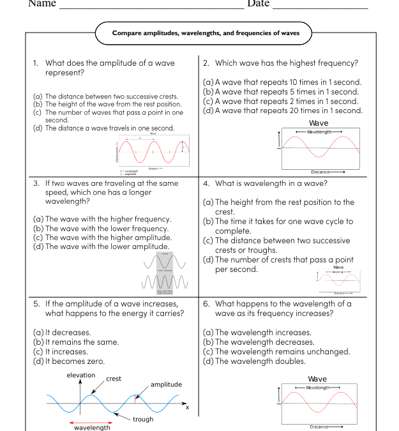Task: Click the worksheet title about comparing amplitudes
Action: (206, 33)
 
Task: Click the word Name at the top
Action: (42, 4)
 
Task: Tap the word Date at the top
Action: (259, 4)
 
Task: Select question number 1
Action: (36, 63)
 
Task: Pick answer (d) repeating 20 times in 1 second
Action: (282, 110)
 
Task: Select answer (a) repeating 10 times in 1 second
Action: (282, 82)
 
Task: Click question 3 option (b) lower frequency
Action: (101, 228)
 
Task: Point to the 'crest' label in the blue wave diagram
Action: (114, 379)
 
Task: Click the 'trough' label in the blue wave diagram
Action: (143, 419)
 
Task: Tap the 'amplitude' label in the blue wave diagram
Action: (166, 384)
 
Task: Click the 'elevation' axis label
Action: (81, 375)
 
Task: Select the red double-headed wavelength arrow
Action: (92, 423)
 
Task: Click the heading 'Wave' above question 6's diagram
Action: (317, 379)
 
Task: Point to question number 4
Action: (206, 183)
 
